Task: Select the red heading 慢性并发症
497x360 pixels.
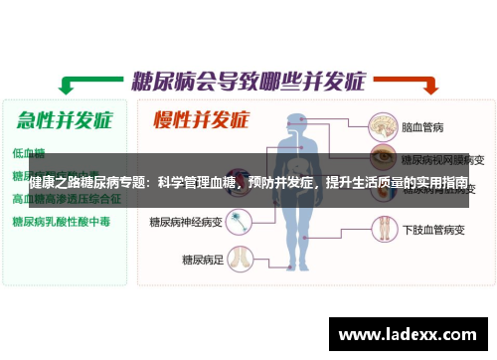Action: coord(200,121)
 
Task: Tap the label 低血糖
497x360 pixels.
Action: coord(28,153)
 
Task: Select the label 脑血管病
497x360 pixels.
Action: coord(421,128)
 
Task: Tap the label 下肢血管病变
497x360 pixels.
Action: coord(432,229)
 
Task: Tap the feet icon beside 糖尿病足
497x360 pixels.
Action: coord(239,255)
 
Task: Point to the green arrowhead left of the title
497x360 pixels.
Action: coord(68,84)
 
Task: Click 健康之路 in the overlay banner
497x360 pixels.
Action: coord(57,183)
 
